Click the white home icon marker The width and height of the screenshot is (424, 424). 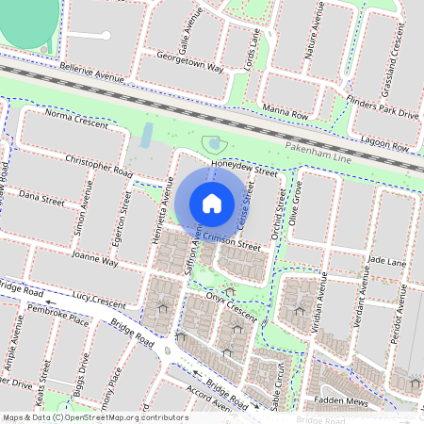pyautogui.click(x=212, y=203)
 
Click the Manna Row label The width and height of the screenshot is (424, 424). pyautogui.click(x=286, y=112)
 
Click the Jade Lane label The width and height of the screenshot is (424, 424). pyautogui.click(x=386, y=257)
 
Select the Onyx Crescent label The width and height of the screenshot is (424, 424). pyautogui.click(x=232, y=307)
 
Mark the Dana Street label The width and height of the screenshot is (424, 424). pyautogui.click(x=41, y=198)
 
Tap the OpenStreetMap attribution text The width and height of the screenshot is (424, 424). pyautogui.click(x=94, y=416)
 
